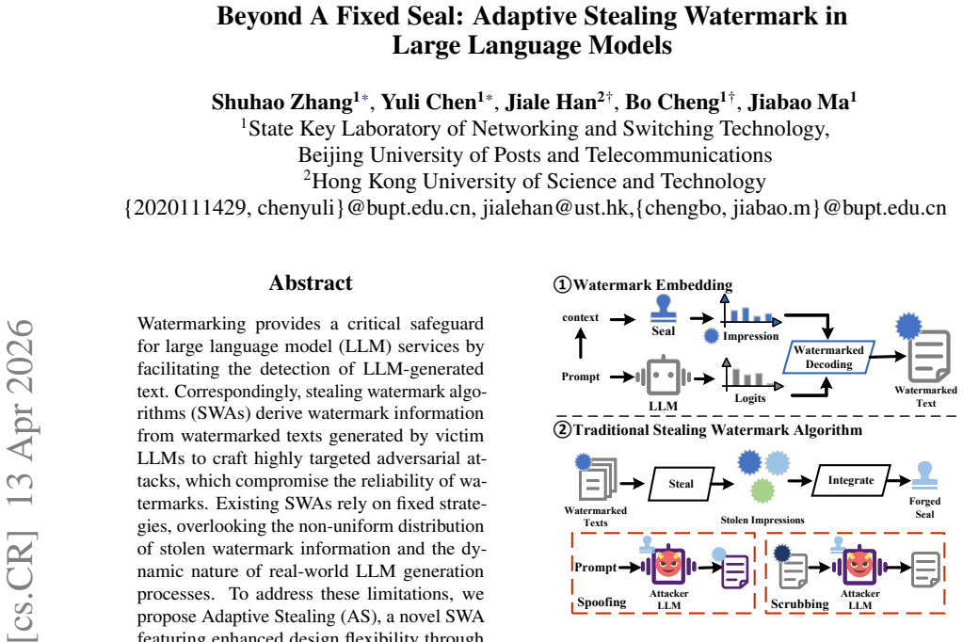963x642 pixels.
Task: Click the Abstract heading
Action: tap(311, 282)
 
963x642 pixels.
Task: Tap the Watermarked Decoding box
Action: tap(828, 357)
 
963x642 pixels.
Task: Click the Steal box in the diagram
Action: tap(682, 484)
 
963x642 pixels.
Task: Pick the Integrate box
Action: tap(851, 480)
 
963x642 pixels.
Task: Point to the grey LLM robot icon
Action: tap(664, 376)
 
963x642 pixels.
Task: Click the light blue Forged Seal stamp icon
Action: tap(924, 474)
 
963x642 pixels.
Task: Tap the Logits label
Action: tap(750, 398)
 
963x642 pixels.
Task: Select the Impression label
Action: tap(750, 336)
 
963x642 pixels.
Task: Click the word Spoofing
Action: tap(602, 602)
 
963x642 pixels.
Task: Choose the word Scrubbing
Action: tap(799, 604)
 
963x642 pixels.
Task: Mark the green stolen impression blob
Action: tap(762, 490)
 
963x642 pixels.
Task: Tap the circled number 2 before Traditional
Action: tap(563, 429)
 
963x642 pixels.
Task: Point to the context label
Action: tap(581, 317)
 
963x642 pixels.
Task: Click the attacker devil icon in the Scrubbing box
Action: tap(859, 565)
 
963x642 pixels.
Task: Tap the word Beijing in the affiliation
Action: tap(331, 155)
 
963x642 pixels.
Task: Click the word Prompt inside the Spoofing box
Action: tap(595, 567)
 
